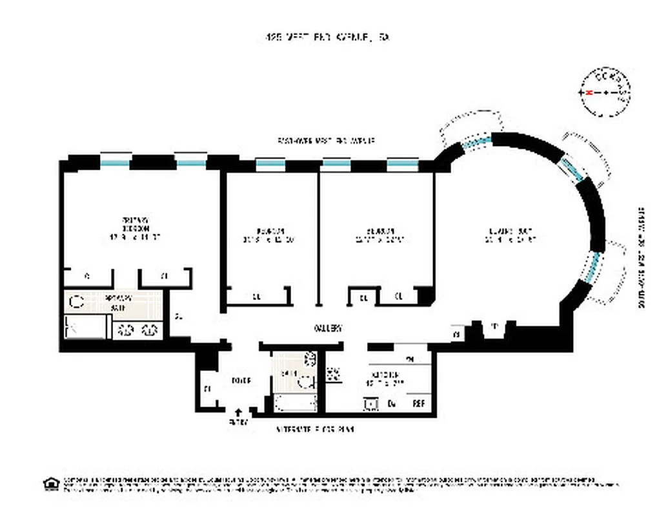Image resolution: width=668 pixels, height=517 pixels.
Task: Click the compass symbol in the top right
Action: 606,93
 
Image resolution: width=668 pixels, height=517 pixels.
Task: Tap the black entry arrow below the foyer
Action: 239,412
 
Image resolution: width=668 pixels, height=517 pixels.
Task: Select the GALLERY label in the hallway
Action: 327,328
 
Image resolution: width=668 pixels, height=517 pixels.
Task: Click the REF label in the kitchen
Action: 420,404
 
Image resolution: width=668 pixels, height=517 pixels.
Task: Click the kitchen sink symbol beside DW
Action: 371,404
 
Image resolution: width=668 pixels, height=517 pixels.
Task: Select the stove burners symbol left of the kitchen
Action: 334,374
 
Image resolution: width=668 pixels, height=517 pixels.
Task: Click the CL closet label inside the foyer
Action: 207,389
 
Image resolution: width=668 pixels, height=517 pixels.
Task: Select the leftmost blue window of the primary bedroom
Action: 115,162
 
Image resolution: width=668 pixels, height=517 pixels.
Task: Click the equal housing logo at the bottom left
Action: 50,483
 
